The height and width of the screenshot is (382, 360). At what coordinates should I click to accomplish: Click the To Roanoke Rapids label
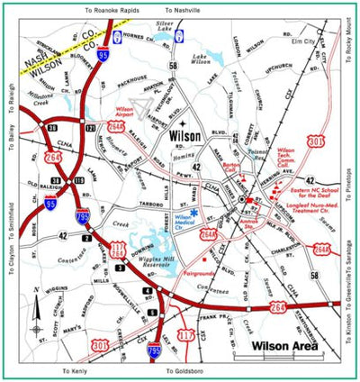pyautogui.click(x=114, y=7)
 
